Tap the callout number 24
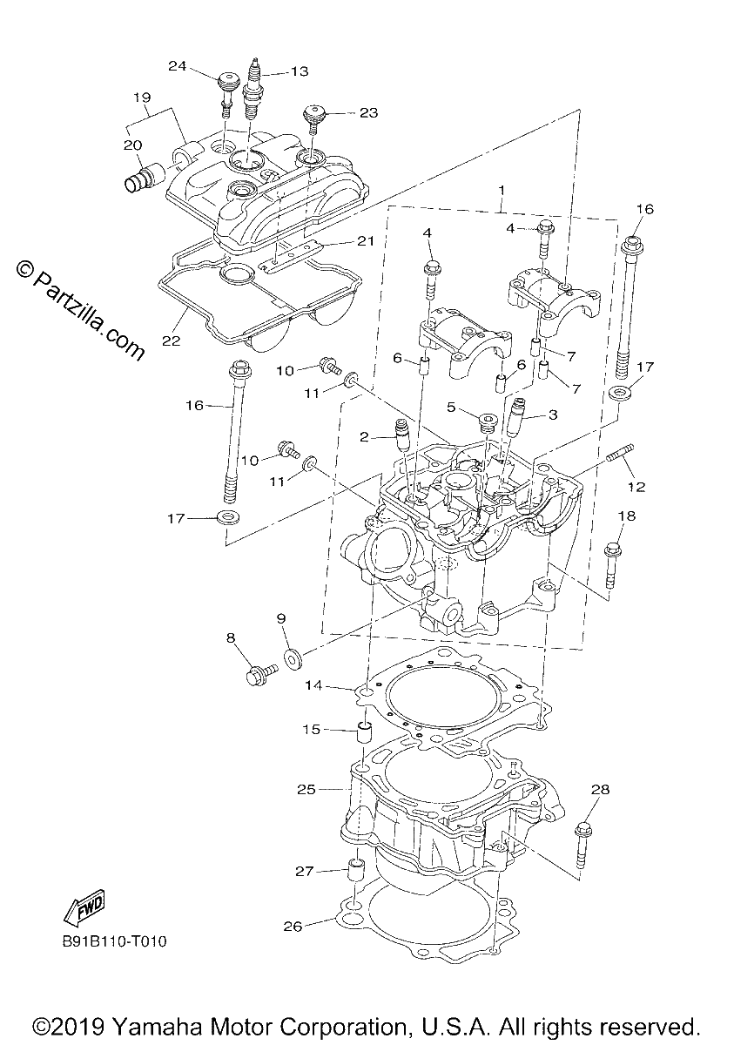coord(178,66)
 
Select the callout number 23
coord(368,113)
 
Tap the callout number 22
coord(171,341)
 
